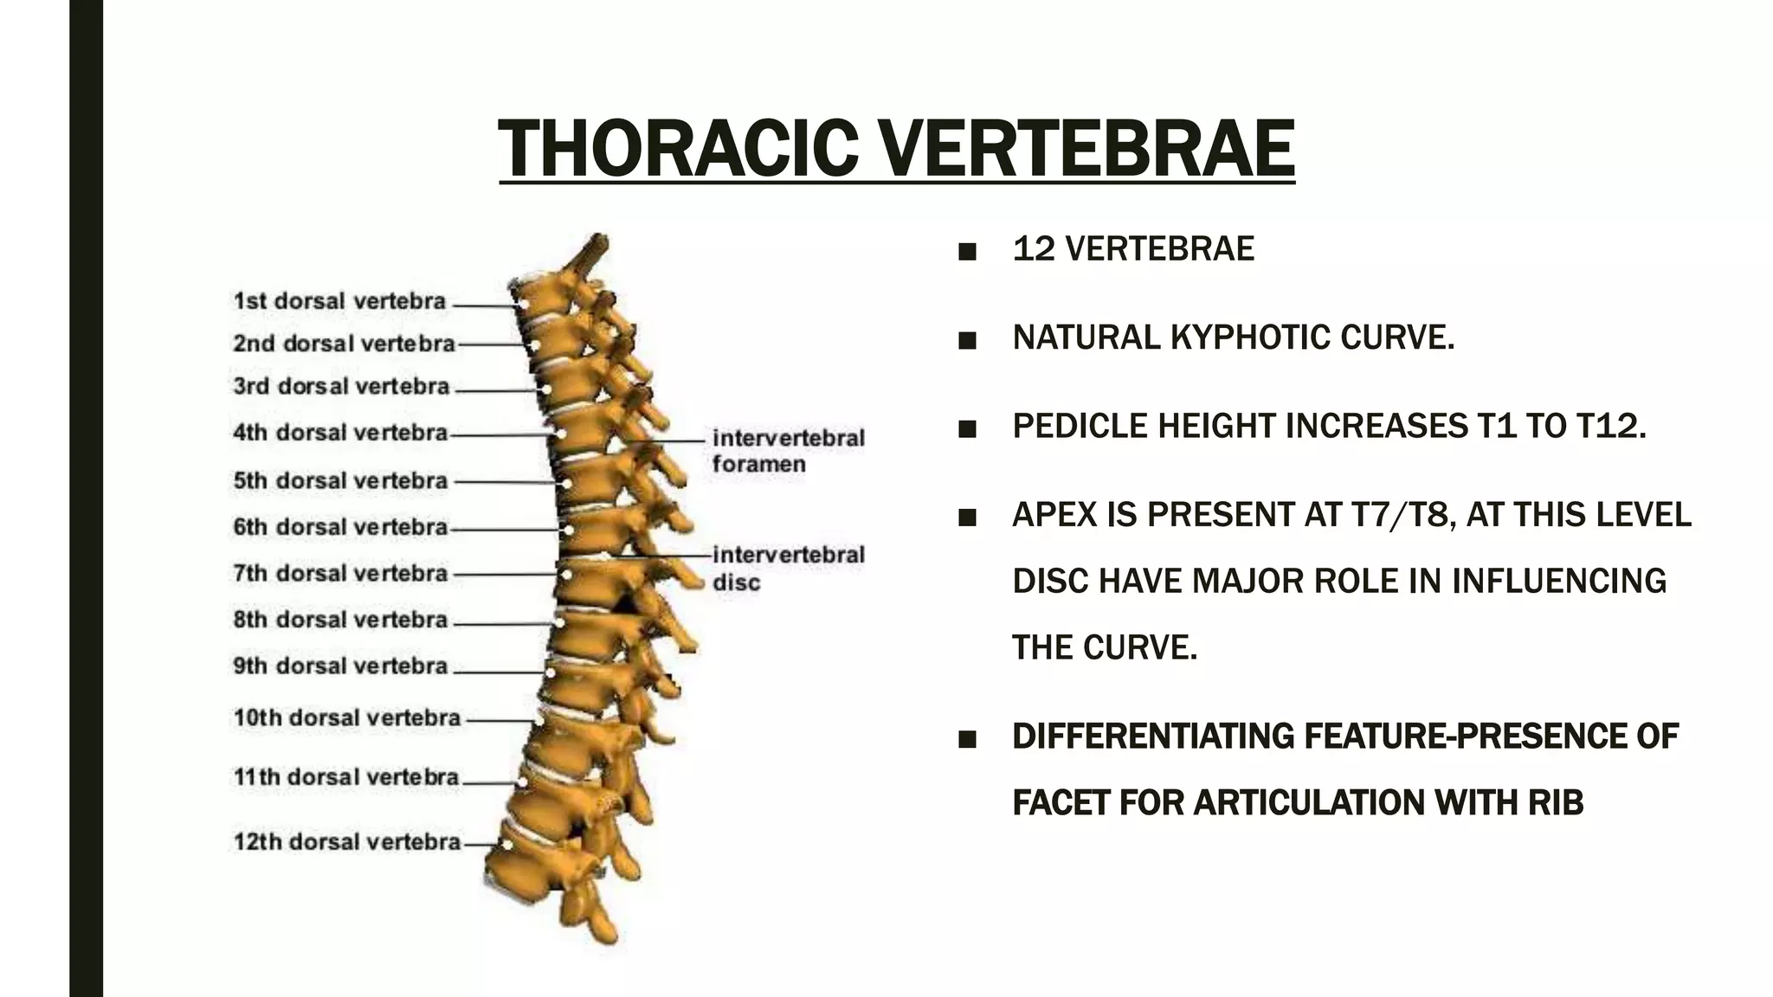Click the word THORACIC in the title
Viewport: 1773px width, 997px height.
point(677,149)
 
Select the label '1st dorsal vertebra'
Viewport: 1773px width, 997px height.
point(339,302)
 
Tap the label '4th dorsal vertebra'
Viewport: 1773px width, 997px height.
point(339,433)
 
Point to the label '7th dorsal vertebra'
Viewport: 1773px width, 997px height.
point(339,574)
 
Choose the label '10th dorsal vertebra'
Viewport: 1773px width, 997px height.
point(346,718)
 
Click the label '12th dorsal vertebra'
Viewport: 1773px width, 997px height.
point(346,842)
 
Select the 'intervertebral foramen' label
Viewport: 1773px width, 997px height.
point(788,451)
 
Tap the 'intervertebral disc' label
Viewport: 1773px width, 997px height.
point(788,569)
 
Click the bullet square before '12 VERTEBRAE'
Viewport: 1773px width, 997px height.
point(967,252)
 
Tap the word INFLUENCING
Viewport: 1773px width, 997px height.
point(1558,581)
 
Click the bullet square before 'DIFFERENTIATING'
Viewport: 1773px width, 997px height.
point(967,739)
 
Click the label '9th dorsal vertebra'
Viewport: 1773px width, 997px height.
point(339,666)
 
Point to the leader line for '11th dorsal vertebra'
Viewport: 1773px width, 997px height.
point(490,782)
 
